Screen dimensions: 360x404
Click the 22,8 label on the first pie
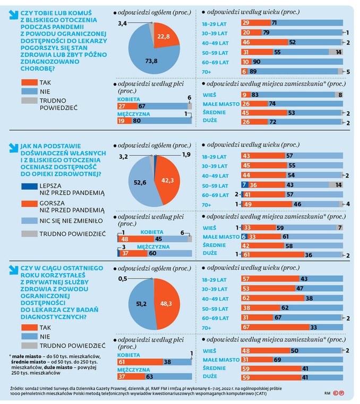coord(164,36)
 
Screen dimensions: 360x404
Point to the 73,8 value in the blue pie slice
coord(151,61)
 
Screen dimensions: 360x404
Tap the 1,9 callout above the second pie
coord(186,155)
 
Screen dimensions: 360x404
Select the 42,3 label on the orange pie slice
coord(167,180)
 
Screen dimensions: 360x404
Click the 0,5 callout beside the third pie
coord(123,279)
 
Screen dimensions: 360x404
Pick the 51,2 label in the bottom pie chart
coord(141,304)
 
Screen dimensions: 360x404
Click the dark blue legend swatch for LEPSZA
coord(29,186)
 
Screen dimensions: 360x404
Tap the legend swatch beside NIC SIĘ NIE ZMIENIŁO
coord(29,221)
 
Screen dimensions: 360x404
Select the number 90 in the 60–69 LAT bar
coord(256,62)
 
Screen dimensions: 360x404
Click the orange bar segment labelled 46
coord(264,42)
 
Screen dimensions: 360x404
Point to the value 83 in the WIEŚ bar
coord(255,95)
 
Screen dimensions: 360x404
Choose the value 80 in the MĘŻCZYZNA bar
coord(136,121)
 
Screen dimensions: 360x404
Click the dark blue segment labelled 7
coord(245,185)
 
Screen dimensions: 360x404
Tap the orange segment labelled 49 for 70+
coord(268,204)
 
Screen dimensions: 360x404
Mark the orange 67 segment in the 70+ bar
coord(276,327)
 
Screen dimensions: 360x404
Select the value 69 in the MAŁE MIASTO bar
coord(277,360)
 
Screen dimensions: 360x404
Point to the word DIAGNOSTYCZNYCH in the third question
coord(54,317)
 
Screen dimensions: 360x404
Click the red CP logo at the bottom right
coord(339,393)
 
